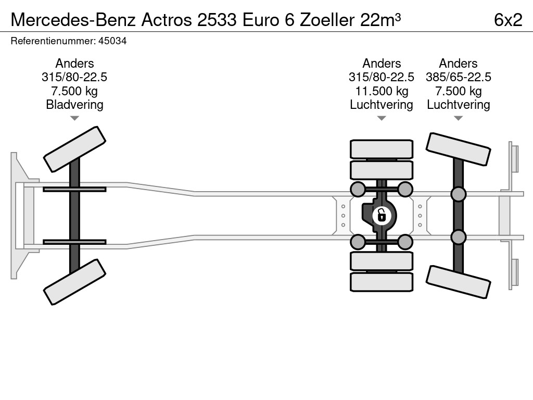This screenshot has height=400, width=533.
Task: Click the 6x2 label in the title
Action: (508, 20)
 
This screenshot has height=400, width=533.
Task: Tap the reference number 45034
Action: (112, 41)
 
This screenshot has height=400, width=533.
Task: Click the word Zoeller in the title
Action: (327, 20)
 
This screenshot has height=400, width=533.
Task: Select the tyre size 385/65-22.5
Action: (458, 77)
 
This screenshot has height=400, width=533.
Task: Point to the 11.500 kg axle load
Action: (382, 91)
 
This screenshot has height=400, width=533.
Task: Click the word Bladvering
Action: (74, 104)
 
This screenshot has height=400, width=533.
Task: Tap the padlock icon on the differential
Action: (382, 215)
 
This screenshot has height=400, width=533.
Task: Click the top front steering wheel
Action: (74, 149)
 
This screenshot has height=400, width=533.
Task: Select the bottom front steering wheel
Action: (74, 282)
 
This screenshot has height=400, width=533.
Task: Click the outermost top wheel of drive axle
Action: (382, 149)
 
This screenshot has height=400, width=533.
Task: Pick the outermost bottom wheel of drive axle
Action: (382, 282)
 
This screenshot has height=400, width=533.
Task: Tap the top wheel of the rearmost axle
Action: (458, 149)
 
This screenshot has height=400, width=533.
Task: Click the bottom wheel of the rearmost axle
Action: (458, 282)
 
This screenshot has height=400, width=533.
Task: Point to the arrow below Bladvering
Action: (74, 118)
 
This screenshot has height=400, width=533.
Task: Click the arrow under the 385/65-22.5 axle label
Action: (458, 118)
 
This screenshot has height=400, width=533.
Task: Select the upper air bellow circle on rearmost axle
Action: (458, 194)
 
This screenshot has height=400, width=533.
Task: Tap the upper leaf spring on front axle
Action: (74, 189)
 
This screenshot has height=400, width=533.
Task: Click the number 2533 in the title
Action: (217, 20)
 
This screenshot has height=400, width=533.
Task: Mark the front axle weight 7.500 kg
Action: (74, 91)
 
